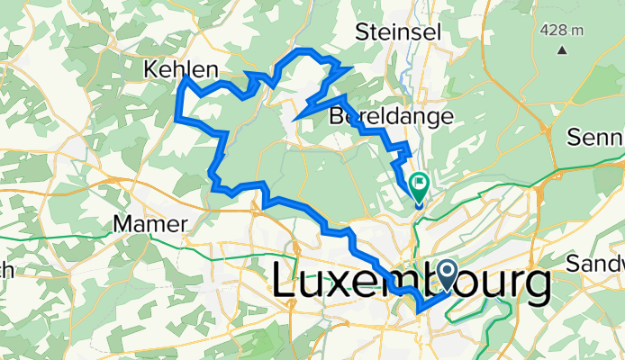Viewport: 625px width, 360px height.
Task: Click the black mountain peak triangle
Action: [562, 50]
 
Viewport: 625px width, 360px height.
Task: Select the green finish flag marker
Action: [420, 185]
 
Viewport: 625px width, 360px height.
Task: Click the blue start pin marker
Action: [447, 274]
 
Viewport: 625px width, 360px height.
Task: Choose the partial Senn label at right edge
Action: [596, 137]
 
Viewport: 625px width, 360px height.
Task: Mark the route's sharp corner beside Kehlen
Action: [185, 78]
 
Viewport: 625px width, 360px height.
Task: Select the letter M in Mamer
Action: [122, 223]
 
